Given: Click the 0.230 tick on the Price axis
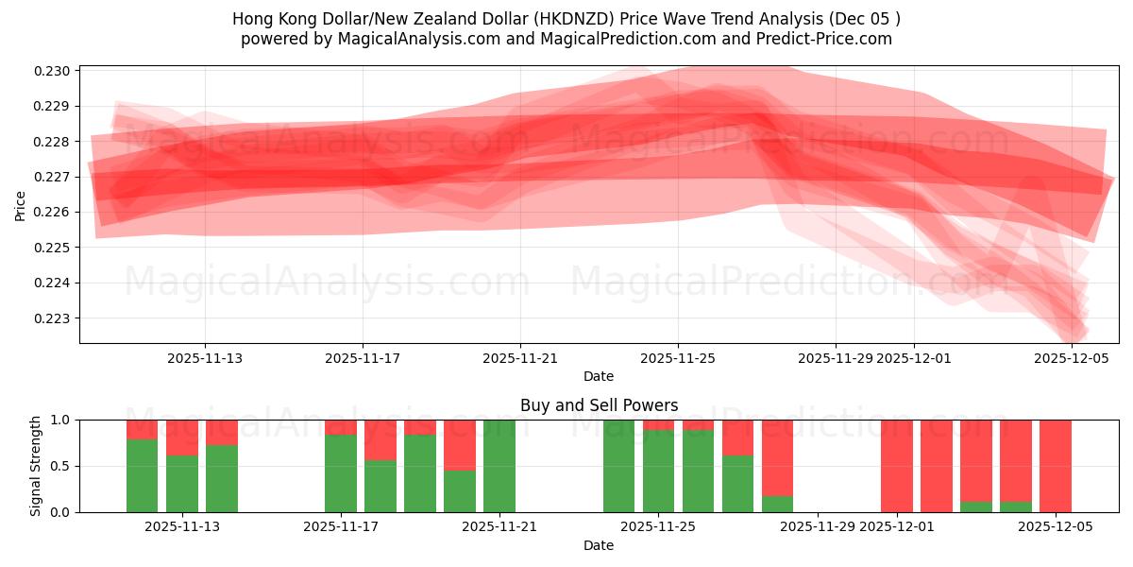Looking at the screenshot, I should coord(55,71).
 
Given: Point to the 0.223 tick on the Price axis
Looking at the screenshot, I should coord(55,318).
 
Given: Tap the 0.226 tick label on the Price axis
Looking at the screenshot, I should coord(55,212).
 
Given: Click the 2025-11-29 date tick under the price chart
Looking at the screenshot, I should coord(835,358).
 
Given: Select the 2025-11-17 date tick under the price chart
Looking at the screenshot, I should coord(363,358).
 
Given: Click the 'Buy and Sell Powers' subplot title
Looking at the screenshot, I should coord(599,405).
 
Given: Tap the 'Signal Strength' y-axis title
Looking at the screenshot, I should coord(36,466).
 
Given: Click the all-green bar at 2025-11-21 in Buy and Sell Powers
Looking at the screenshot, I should coord(499,466).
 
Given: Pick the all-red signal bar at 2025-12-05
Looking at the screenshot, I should coord(1056,466).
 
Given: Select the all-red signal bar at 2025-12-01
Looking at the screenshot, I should coord(897,466).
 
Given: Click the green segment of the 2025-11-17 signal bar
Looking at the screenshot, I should coord(341,472).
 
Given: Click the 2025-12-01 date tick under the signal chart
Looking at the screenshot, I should coord(898,526).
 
